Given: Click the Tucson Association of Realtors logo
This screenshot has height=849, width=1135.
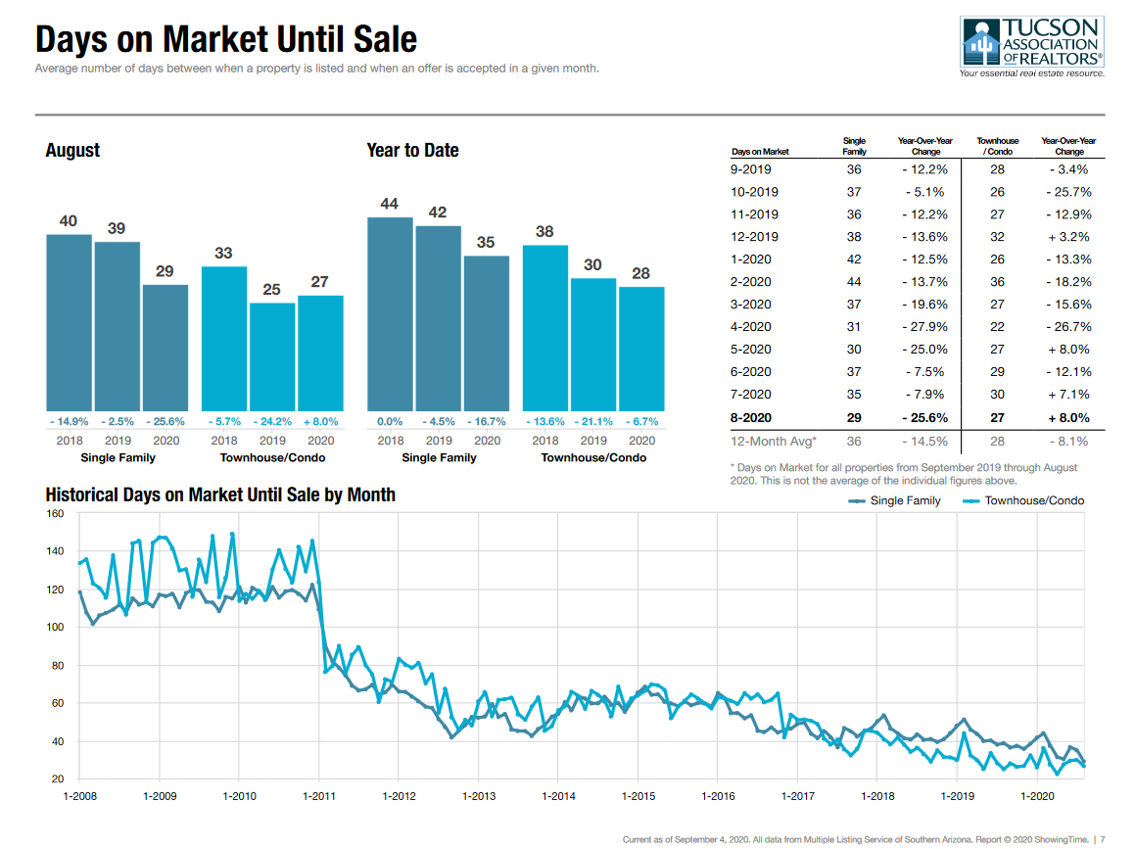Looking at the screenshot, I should click(1033, 46).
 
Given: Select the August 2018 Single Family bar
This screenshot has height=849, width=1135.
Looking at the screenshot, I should click(69, 322).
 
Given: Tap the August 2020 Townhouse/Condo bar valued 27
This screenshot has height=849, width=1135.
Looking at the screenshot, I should click(320, 353).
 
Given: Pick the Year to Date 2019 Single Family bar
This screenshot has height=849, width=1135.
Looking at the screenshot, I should click(438, 318).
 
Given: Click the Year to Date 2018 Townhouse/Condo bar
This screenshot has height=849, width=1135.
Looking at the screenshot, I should click(545, 327).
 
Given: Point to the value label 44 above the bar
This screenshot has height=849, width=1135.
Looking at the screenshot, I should click(390, 204).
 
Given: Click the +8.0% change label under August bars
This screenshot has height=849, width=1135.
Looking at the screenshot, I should click(320, 421).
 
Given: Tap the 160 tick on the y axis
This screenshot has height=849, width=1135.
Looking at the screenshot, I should click(55, 514).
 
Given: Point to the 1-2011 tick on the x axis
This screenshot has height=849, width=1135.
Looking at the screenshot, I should click(318, 796).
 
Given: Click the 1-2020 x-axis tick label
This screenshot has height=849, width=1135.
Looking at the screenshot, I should click(1037, 796).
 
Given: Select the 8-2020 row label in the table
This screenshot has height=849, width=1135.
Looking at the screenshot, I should click(751, 417).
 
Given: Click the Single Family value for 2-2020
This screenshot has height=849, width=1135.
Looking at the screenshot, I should click(854, 282).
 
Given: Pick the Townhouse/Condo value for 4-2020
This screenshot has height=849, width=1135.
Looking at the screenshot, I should click(997, 327).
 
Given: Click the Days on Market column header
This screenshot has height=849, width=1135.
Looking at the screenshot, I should click(760, 152).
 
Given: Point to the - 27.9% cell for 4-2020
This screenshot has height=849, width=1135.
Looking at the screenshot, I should click(924, 327).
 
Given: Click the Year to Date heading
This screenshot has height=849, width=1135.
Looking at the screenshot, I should click(412, 151).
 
